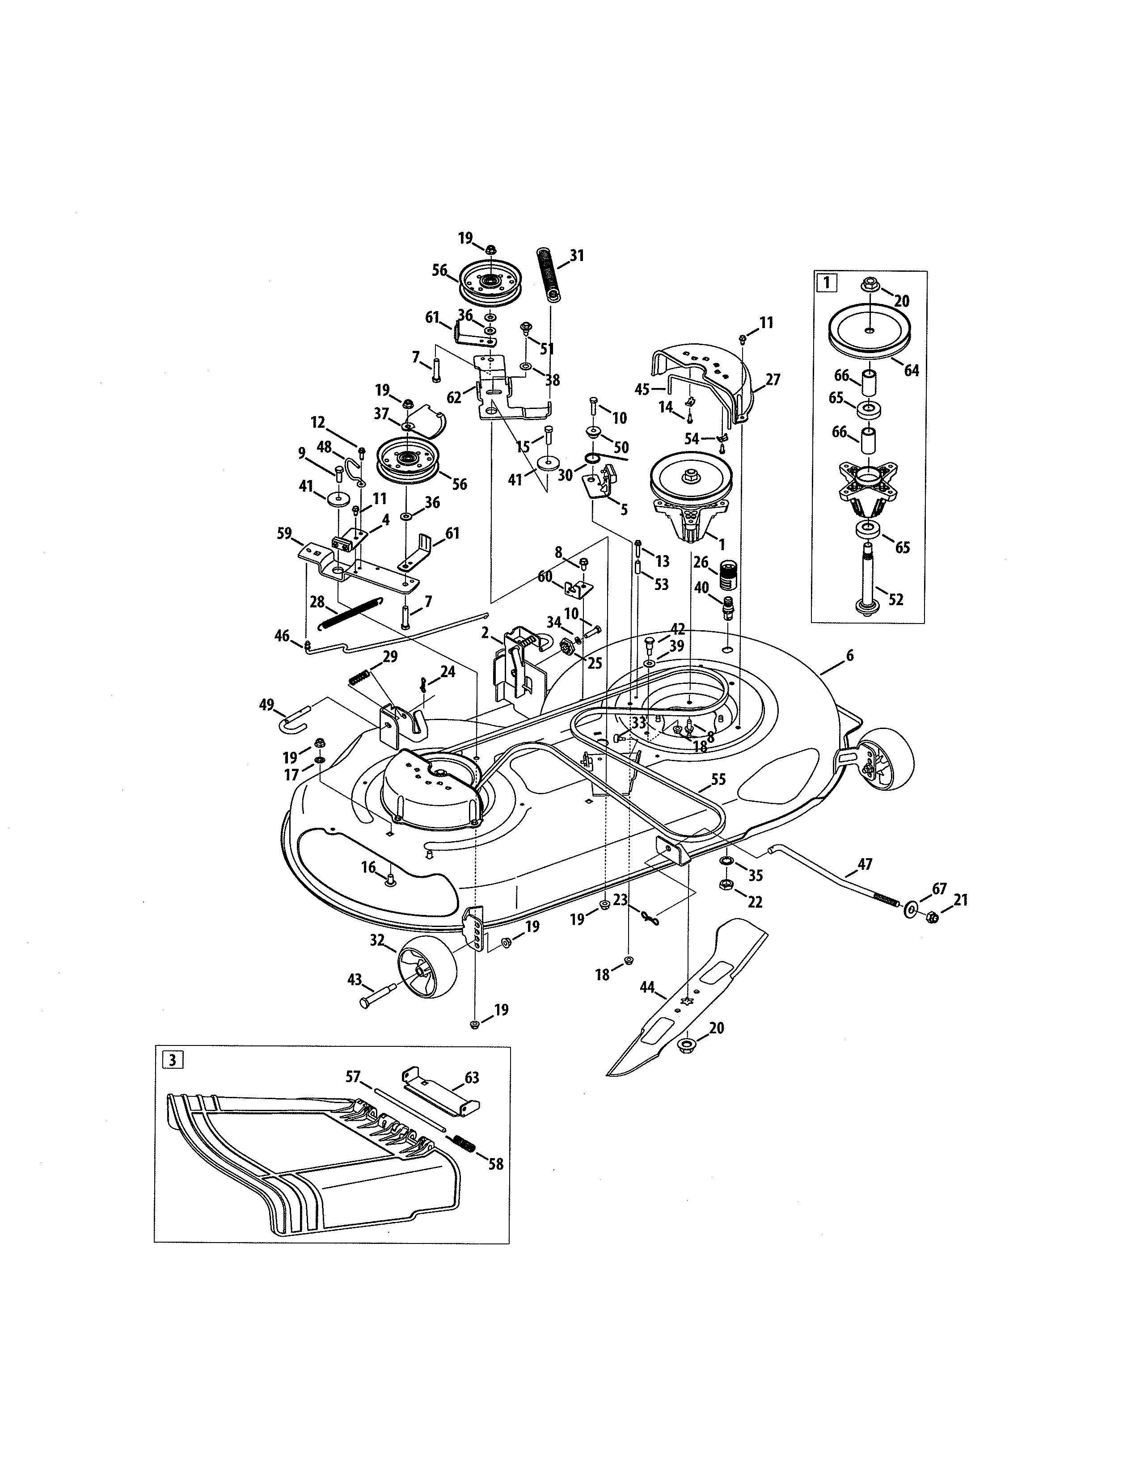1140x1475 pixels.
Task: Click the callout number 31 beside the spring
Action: pos(576,255)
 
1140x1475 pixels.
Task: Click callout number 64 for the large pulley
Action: pos(911,370)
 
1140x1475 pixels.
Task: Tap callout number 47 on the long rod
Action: pos(865,864)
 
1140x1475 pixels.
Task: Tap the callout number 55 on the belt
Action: pos(718,780)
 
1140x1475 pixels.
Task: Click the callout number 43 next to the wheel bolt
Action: pos(355,979)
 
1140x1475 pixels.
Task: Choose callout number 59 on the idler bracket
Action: pos(284,534)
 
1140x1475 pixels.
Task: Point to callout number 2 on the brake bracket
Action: pos(485,633)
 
